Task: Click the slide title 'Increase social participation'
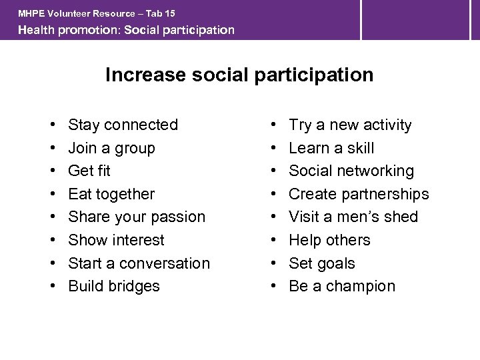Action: pyautogui.click(x=239, y=75)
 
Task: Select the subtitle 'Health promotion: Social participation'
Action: pyautogui.click(x=126, y=30)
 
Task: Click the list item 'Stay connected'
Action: pyautogui.click(x=123, y=125)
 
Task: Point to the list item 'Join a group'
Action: pyautogui.click(x=111, y=148)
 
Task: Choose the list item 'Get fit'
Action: pyautogui.click(x=89, y=171)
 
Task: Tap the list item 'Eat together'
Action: pyautogui.click(x=111, y=194)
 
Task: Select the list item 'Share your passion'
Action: pyautogui.click(x=137, y=217)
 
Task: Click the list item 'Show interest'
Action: pyautogui.click(x=116, y=240)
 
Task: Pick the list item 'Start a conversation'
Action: pyautogui.click(x=139, y=263)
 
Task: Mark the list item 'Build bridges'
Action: pyautogui.click(x=114, y=286)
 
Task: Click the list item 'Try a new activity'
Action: pyautogui.click(x=350, y=125)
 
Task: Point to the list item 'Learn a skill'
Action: pyautogui.click(x=331, y=148)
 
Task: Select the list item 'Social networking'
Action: pyautogui.click(x=351, y=171)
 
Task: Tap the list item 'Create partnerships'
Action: pyautogui.click(x=359, y=194)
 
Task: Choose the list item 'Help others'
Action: pyautogui.click(x=329, y=240)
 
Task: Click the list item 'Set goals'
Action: pyautogui.click(x=322, y=263)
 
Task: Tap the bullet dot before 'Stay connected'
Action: pyautogui.click(x=52, y=125)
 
